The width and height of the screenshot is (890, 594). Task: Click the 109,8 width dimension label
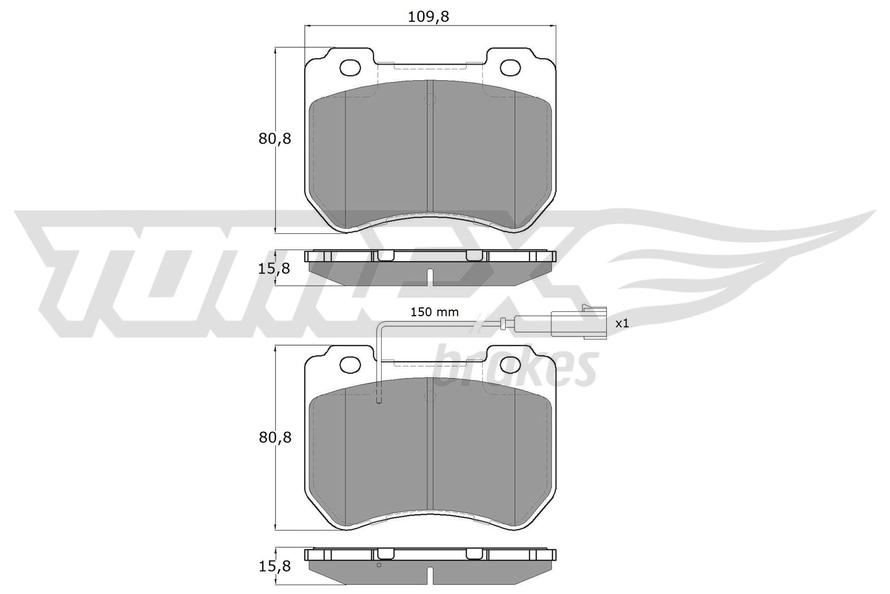click(429, 17)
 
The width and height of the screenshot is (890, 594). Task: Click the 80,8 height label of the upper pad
click(275, 139)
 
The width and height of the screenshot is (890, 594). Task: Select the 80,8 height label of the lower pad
click(275, 438)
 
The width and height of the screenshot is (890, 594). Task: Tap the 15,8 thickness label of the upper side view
click(274, 269)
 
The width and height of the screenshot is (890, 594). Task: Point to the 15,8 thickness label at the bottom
click(274, 566)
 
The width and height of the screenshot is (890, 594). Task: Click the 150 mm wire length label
click(434, 312)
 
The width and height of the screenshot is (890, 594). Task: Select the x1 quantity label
click(622, 323)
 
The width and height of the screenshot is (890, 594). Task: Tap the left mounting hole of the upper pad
click(350, 68)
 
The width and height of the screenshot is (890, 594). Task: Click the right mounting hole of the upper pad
click(510, 68)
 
